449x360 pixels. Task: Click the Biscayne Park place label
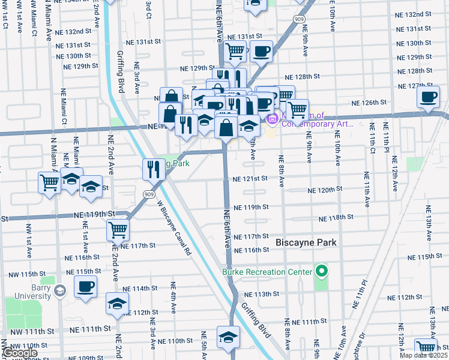pyautogui.click(x=306, y=242)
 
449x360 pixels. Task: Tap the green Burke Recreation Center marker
pyautogui.click(x=321, y=272)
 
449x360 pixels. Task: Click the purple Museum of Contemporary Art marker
pyautogui.click(x=271, y=119)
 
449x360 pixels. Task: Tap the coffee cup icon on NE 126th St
pyautogui.click(x=428, y=97)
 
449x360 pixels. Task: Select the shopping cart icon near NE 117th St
pyautogui.click(x=118, y=229)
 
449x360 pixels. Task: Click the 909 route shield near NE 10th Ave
pyautogui.click(x=298, y=19)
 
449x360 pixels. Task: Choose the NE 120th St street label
pyautogui.click(x=324, y=189)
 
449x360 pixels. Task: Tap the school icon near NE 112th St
pyautogui.click(x=117, y=303)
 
